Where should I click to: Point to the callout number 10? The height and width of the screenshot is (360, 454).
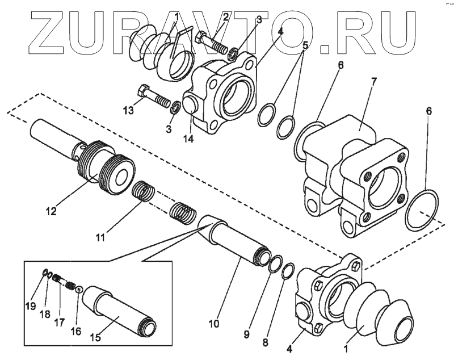(213, 324)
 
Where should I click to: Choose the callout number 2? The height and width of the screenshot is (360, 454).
(225, 16)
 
